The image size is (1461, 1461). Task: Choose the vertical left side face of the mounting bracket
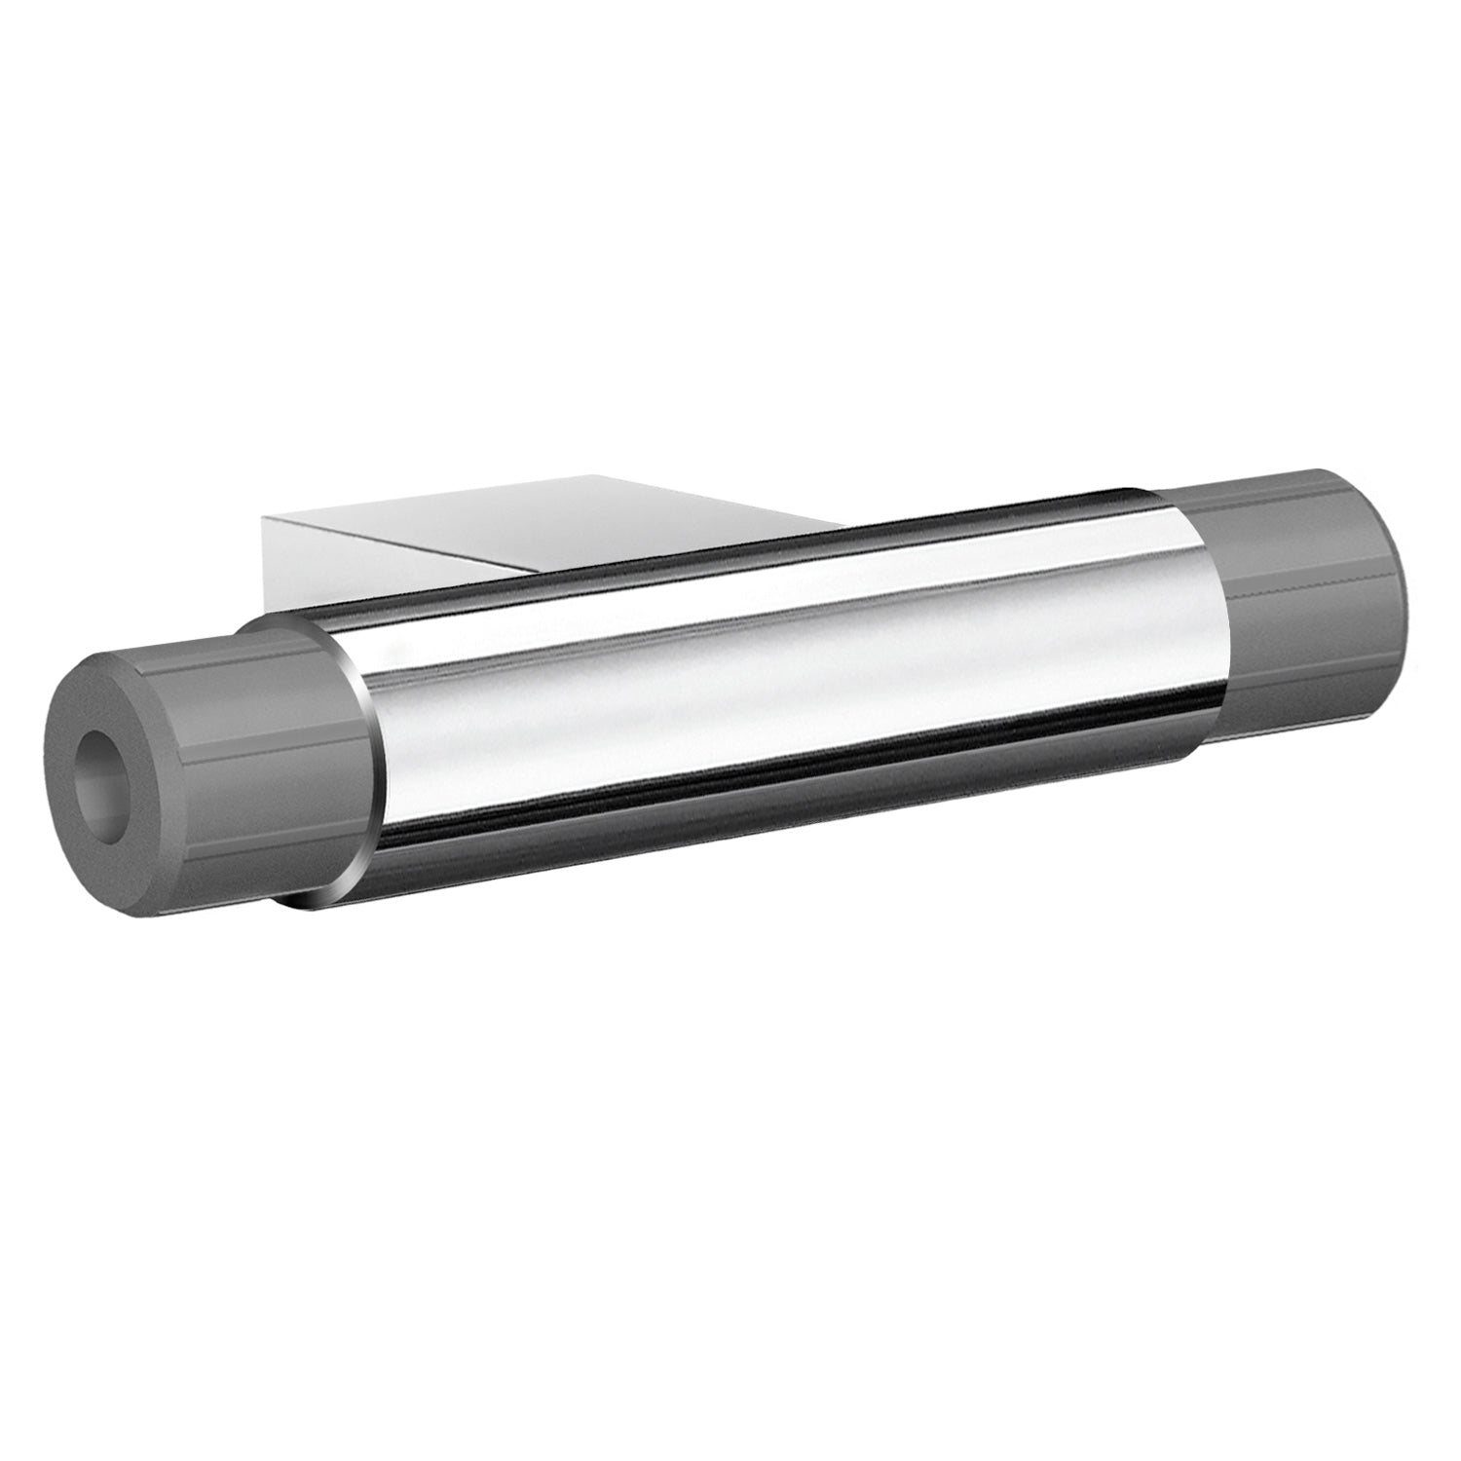pyautogui.click(x=278, y=565)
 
